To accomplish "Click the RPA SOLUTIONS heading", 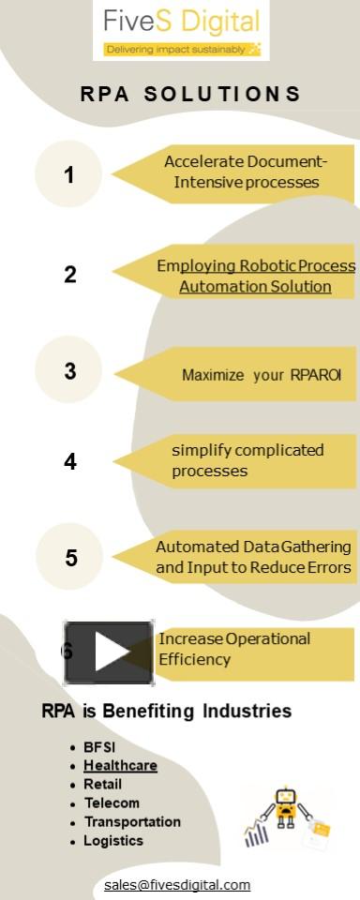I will (x=190, y=94).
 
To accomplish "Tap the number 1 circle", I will (x=68, y=174).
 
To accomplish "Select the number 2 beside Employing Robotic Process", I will (x=70, y=275).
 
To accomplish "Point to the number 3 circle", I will (x=69, y=370).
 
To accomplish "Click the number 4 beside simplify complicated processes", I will (x=70, y=461).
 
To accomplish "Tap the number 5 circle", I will (x=70, y=558).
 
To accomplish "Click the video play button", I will (x=109, y=652).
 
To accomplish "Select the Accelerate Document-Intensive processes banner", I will (x=246, y=172).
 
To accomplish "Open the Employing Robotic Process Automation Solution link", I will (x=255, y=276).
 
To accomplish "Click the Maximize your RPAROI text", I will (x=262, y=375).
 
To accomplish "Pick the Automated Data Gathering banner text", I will (x=253, y=557).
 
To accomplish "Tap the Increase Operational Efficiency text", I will (x=234, y=649).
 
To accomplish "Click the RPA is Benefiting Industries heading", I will (x=167, y=712).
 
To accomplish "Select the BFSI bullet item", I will (x=99, y=747).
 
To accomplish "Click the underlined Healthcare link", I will (x=120, y=766).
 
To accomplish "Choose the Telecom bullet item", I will (x=112, y=803).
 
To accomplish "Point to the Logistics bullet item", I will (x=113, y=841).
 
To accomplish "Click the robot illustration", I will (x=285, y=812).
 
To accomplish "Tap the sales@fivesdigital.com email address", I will (x=177, y=885).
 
